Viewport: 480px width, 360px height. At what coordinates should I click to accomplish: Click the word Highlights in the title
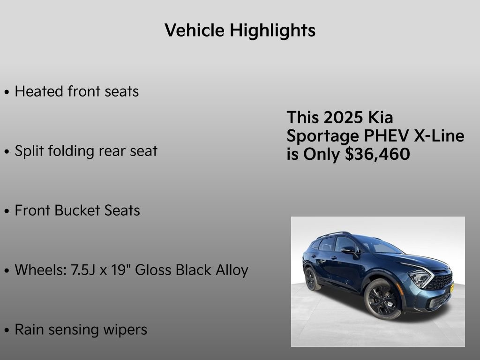point(272,30)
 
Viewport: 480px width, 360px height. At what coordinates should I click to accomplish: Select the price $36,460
point(377,154)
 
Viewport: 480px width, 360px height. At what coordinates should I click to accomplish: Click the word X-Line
point(439,136)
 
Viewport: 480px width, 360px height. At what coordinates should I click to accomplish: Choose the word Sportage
point(323,136)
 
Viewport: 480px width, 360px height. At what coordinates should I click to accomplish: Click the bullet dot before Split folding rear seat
point(7,152)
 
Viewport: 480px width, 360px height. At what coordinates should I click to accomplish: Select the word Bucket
point(78,210)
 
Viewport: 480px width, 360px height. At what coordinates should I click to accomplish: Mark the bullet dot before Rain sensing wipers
point(7,330)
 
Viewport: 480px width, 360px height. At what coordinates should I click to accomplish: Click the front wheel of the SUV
point(382,299)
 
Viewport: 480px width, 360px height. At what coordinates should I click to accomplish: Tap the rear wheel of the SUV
point(311,278)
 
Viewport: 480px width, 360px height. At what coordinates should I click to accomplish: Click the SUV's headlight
point(420,277)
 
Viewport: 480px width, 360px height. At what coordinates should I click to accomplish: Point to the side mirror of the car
point(349,250)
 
